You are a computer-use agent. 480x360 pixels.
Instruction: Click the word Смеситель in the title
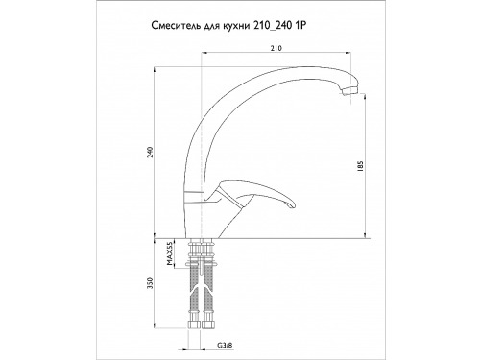(x=176, y=26)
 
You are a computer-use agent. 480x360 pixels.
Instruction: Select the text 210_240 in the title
(x=273, y=26)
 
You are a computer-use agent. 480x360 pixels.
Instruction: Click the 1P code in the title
(x=300, y=26)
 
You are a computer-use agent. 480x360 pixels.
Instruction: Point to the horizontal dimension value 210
(x=276, y=48)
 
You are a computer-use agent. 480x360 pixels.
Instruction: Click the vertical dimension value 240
(x=152, y=152)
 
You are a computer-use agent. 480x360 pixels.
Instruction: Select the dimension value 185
(x=361, y=166)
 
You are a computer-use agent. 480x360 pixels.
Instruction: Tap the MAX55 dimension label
(x=170, y=254)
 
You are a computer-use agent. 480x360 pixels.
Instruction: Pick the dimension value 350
(x=152, y=283)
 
